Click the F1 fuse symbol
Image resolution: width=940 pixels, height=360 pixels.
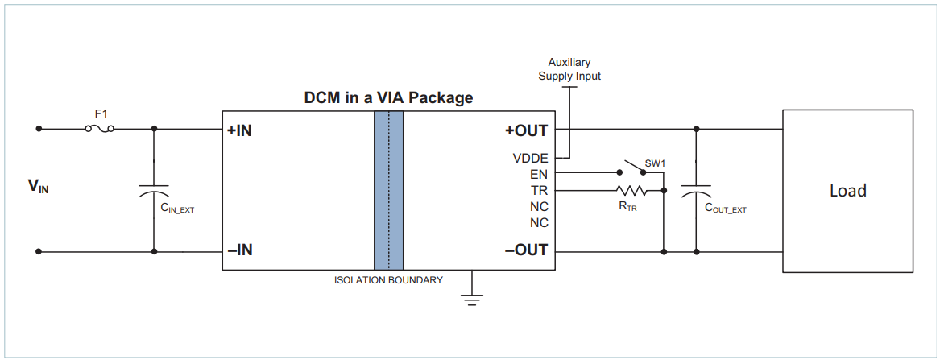coord(99,128)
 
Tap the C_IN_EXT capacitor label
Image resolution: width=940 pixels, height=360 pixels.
coord(177,209)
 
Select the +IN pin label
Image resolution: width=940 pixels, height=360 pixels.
coord(240,130)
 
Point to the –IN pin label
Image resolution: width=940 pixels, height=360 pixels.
coord(240,250)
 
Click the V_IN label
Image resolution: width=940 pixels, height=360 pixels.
coord(38,187)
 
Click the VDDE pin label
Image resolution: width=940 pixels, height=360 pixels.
coord(530,158)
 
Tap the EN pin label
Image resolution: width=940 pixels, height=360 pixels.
coord(539,173)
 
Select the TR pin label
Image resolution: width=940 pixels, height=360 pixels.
coord(539,190)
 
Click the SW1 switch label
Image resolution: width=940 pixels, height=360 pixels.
coord(655,163)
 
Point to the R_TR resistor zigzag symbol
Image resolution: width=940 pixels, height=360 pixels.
coord(632,191)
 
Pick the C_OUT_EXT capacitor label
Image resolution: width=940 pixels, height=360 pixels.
coord(725,209)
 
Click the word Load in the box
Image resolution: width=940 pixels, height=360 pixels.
coord(848,191)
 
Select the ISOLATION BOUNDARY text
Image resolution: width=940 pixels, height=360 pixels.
coord(388,280)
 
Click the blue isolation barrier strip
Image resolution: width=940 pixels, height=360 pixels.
coord(388,190)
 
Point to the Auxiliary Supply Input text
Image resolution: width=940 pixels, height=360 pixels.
coord(569,69)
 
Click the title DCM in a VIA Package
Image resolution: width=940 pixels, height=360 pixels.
coord(388,98)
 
